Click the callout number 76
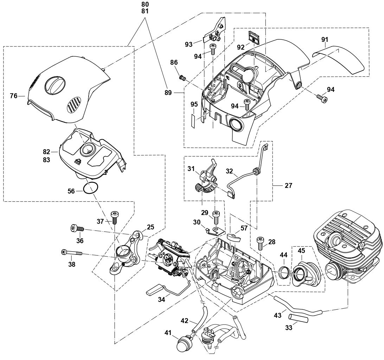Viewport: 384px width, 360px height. pyautogui.click(x=13, y=95)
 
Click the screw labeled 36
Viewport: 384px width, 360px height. pyautogui.click(x=78, y=228)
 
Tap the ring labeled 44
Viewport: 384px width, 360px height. pyautogui.click(x=284, y=272)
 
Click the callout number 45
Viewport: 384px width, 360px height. pyautogui.click(x=301, y=251)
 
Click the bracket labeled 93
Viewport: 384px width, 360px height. pyautogui.click(x=213, y=33)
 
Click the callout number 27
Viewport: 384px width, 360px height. pyautogui.click(x=288, y=185)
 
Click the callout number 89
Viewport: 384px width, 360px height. pyautogui.click(x=168, y=93)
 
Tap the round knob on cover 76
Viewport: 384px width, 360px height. pyautogui.click(x=55, y=84)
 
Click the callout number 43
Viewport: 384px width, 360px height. pyautogui.click(x=277, y=315)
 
